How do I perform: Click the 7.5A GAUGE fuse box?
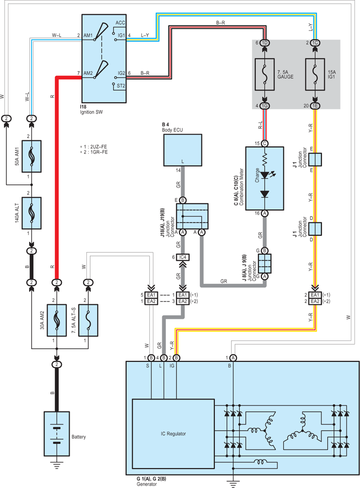coord(264,74)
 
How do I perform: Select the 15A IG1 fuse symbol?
coord(315,74)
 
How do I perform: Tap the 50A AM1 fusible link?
coord(32,156)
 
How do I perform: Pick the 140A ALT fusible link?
coord(32,213)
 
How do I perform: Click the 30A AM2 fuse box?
coord(57,320)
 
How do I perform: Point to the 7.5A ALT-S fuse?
coord(88,320)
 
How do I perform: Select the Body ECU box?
coord(182,150)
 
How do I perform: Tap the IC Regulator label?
coord(173,434)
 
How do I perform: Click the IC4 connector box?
coord(183,257)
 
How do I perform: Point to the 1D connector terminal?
coord(264,43)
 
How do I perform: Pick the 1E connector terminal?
coord(315,106)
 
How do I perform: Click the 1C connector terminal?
coord(315,43)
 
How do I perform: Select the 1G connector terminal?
coord(264,106)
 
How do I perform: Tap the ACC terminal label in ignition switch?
coord(120,23)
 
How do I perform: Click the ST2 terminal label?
coord(121,85)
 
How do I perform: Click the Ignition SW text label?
coord(91,112)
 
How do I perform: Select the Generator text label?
coord(147,484)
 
